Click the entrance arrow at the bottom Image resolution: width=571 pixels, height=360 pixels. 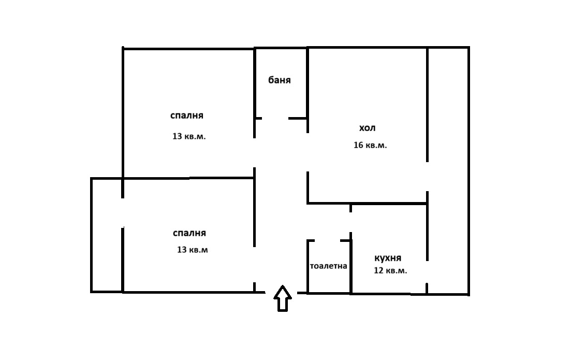click(283, 298)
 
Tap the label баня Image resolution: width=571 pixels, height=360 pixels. click(280, 80)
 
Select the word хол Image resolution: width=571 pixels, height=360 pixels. click(367, 128)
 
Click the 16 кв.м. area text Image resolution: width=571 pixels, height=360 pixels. click(370, 145)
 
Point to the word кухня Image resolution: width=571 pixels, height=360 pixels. click(388, 258)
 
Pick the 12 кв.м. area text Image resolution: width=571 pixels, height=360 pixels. click(390, 271)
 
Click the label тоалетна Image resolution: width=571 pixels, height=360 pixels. click(329, 266)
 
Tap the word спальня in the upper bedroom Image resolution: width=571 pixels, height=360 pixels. click(187, 116)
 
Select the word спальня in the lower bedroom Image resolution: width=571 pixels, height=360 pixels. click(189, 233)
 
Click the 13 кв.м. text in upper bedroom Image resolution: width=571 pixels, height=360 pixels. click(189, 136)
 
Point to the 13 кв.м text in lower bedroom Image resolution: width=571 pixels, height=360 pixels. click(192, 250)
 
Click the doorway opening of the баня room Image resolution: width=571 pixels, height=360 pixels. click(275, 119)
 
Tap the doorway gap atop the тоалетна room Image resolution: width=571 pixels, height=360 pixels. click(327, 240)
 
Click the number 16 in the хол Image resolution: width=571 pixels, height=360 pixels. click(358, 145)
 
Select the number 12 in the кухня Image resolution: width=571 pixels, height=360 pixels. click(379, 271)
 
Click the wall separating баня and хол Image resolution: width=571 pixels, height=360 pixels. click(308, 90)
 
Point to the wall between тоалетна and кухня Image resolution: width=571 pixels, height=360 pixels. click(351, 267)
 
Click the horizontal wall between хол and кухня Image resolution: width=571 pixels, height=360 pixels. click(367, 203)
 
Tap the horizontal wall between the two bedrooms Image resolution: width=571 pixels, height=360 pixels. click(188, 178)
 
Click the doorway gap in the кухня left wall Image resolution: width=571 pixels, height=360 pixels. click(350, 222)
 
